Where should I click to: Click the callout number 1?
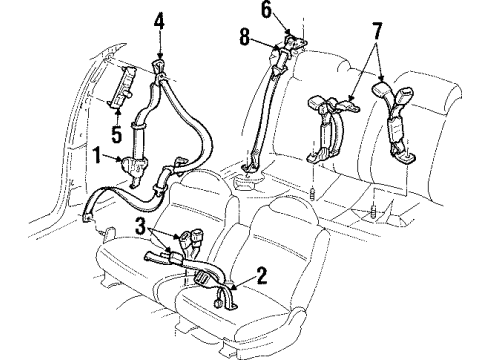point(96,155)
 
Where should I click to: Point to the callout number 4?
point(160,17)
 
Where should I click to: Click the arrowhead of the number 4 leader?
point(160,57)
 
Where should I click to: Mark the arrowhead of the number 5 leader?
point(116,104)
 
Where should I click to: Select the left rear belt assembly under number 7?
point(327,125)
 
